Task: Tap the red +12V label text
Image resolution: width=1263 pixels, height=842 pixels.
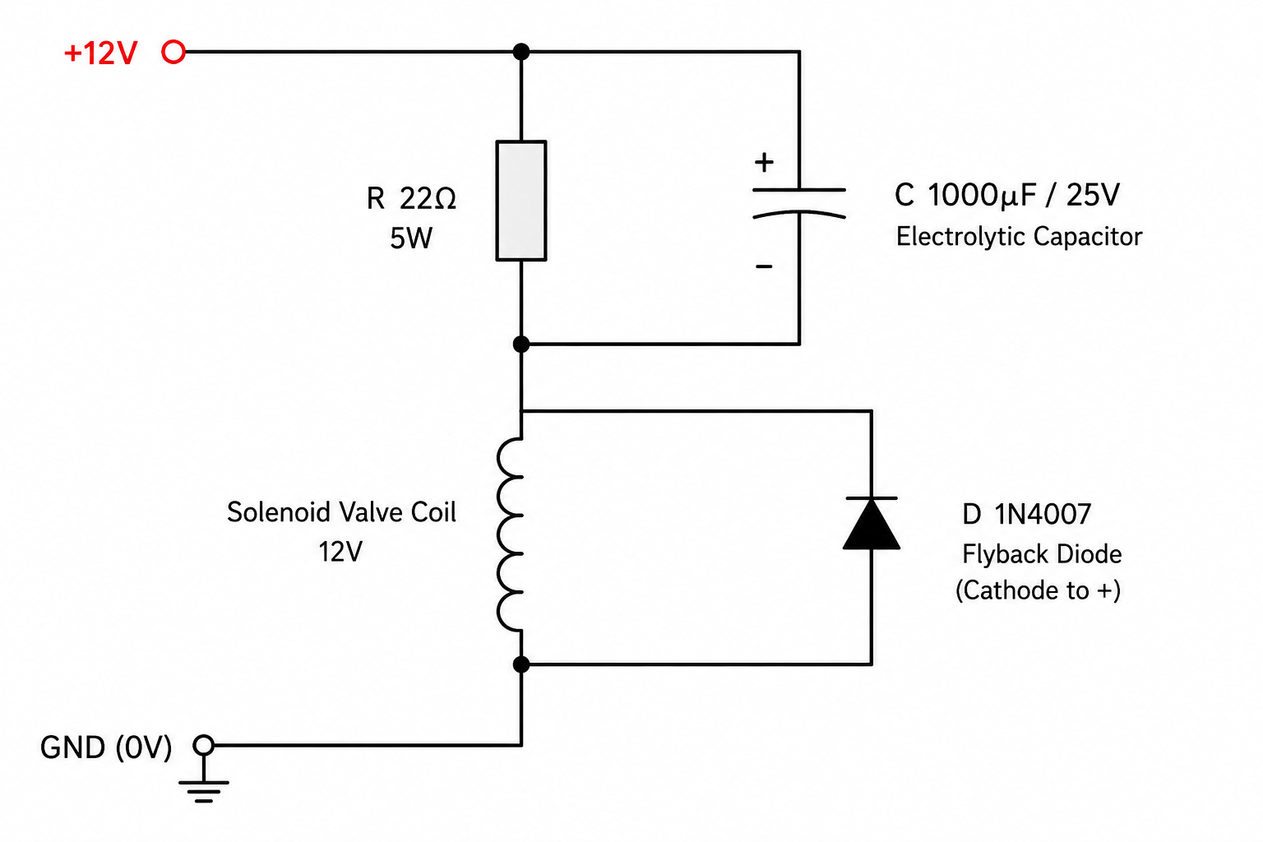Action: (x=101, y=53)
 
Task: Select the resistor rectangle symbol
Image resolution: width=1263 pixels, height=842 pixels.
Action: (x=521, y=201)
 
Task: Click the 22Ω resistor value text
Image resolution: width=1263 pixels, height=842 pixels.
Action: (x=428, y=198)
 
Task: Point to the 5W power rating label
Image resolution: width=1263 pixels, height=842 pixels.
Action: (x=411, y=238)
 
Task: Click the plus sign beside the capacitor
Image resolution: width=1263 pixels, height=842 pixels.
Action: (x=764, y=163)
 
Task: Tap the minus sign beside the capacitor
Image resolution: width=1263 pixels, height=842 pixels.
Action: (x=764, y=266)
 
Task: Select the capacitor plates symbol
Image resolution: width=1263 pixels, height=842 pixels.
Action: (x=799, y=203)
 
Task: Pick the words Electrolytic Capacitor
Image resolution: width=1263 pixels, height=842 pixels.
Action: (x=1019, y=236)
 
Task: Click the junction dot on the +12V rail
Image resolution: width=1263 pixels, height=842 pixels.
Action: (x=521, y=52)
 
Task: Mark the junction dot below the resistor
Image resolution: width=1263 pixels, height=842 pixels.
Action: (x=521, y=344)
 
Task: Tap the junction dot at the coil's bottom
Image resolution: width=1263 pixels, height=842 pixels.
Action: (x=521, y=664)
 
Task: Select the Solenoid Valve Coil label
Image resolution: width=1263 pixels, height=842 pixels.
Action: (x=341, y=512)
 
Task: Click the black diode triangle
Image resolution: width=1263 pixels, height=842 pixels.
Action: (x=871, y=525)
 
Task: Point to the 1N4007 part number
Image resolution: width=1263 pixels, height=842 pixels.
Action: (x=1043, y=515)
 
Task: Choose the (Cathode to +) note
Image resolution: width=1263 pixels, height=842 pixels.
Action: (x=1038, y=590)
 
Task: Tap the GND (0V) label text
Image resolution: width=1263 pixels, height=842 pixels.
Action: (x=106, y=747)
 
